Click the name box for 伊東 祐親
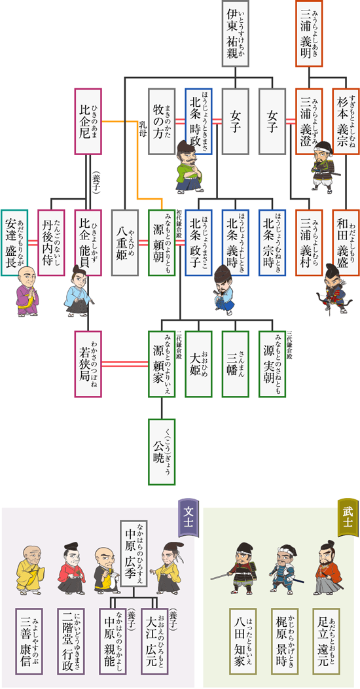(x=239, y=33)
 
